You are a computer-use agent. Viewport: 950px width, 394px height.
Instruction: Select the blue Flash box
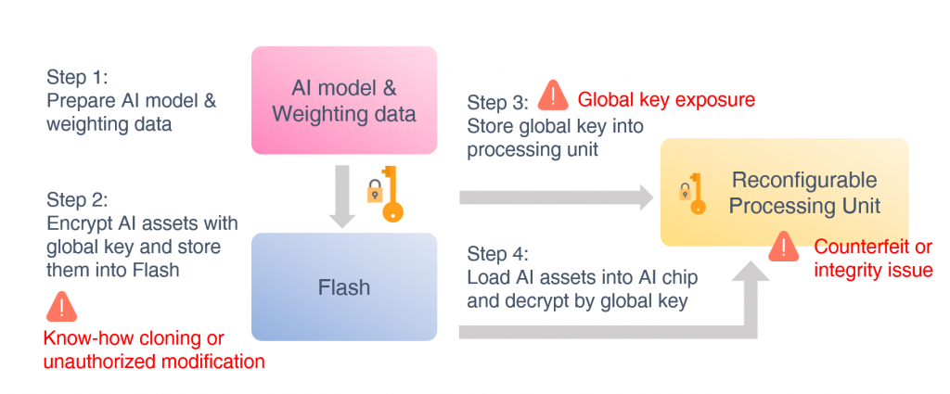(x=344, y=286)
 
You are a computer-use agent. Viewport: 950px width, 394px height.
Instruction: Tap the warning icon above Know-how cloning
(x=62, y=306)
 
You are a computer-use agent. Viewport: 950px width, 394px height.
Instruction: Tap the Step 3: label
(x=497, y=102)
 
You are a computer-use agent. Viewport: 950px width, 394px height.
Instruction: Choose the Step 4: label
(x=497, y=252)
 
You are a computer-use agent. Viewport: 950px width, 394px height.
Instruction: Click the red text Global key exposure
(x=666, y=98)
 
